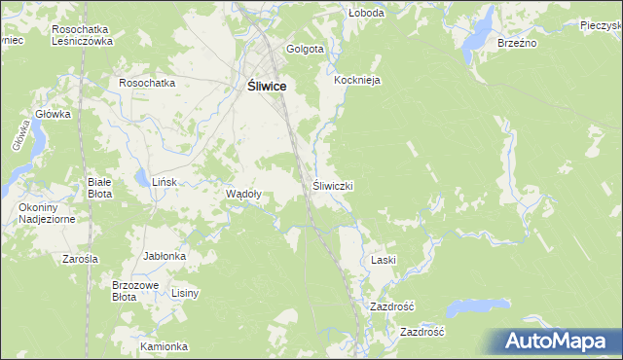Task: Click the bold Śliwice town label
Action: click(x=260, y=87)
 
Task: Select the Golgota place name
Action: click(x=305, y=49)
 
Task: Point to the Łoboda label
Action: click(x=367, y=14)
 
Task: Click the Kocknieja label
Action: click(x=356, y=80)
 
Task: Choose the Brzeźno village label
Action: click(x=517, y=43)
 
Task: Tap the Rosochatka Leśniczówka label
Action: click(x=84, y=35)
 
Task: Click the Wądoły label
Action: click(x=242, y=194)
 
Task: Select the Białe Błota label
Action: click(x=99, y=188)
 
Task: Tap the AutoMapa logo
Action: click(x=556, y=342)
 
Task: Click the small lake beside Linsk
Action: click(x=142, y=179)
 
